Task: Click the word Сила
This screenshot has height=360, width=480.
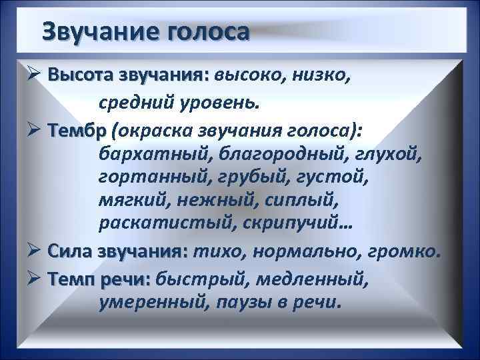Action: click(x=71, y=253)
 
